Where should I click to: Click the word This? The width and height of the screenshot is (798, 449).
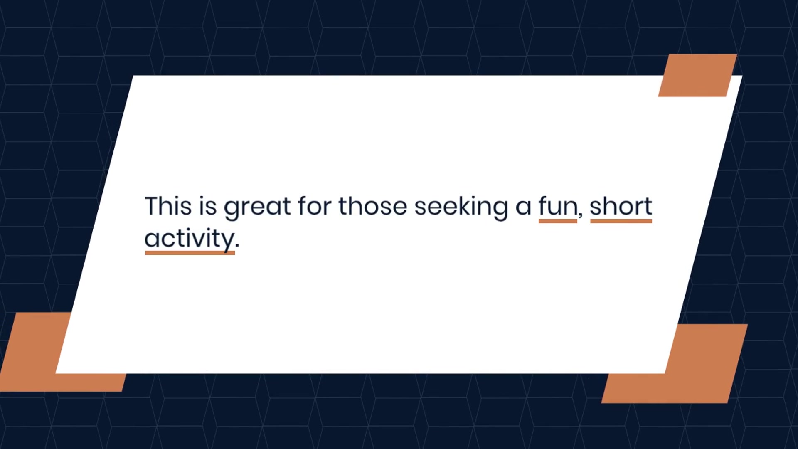click(x=168, y=206)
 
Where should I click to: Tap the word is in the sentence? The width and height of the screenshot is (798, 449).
click(x=208, y=206)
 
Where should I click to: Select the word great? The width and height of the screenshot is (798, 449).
click(x=257, y=207)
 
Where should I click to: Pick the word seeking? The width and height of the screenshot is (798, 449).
click(x=461, y=207)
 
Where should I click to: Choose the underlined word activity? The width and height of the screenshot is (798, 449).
click(x=190, y=239)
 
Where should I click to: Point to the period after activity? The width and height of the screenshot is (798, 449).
click(x=237, y=247)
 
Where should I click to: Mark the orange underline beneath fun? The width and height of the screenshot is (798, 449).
click(x=558, y=221)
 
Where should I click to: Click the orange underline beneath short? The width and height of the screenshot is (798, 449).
click(x=621, y=221)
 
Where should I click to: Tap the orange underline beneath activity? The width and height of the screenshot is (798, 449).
click(x=190, y=253)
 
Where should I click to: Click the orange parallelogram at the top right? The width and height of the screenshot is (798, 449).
click(x=697, y=75)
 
